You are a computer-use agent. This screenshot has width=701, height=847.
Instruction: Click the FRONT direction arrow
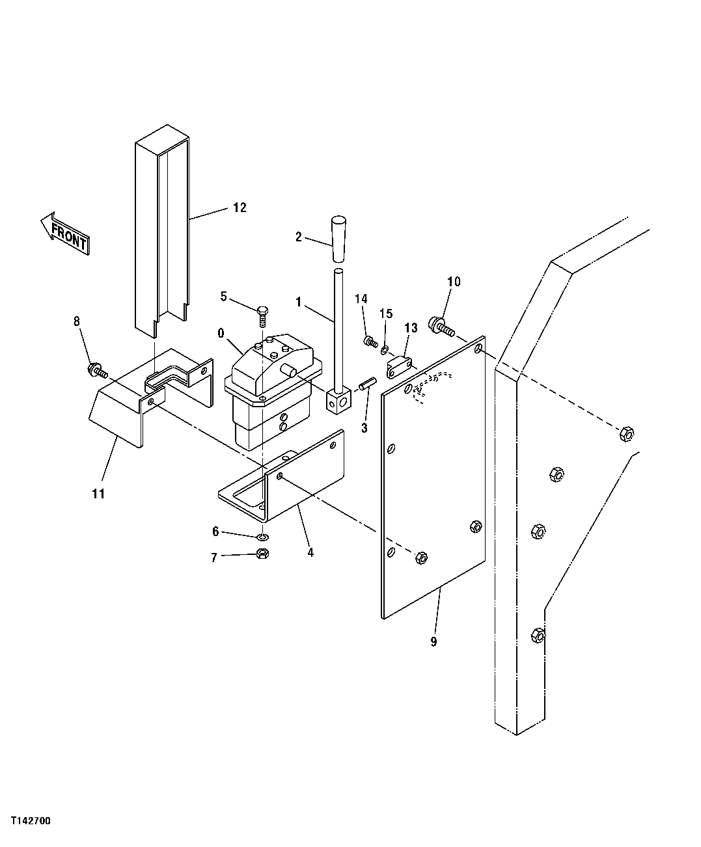(x=64, y=232)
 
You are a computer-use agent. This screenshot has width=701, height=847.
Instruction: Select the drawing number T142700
(x=30, y=821)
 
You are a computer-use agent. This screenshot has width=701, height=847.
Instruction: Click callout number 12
(x=239, y=208)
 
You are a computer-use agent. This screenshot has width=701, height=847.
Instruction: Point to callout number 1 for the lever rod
(x=299, y=302)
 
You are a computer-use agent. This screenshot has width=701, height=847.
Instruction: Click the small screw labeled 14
(x=370, y=340)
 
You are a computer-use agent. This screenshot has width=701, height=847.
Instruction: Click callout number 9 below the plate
(x=433, y=642)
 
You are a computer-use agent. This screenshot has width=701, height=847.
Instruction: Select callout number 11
(x=98, y=494)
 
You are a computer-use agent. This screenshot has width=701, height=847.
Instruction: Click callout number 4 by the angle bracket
(x=310, y=552)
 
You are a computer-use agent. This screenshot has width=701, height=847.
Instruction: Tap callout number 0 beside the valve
(x=221, y=333)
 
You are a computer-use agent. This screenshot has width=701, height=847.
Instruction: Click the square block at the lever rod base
(x=338, y=403)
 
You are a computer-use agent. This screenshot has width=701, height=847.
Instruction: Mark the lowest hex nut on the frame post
(x=537, y=635)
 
